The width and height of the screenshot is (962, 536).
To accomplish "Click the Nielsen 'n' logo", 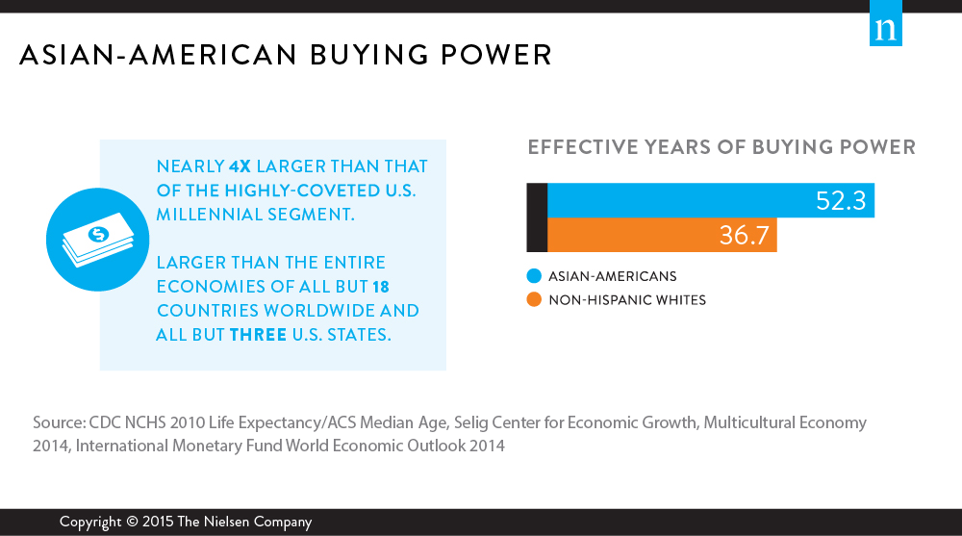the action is [885, 23].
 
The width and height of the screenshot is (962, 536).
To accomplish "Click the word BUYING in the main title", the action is [368, 55].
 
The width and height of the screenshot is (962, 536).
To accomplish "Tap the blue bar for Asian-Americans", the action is [711, 200].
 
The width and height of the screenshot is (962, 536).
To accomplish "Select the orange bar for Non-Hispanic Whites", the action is [662, 235].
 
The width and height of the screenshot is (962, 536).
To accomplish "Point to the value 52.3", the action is [841, 201].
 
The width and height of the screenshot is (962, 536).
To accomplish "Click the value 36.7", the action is [744, 235].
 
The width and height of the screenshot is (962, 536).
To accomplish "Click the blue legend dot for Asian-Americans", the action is [534, 276].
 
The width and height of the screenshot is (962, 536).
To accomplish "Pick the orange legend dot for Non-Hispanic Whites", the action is [534, 299].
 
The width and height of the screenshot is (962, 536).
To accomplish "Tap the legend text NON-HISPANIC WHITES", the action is [627, 300].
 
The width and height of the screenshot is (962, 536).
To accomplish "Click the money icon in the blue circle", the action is [97, 239].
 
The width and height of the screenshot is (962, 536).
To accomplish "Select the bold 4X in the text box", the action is [240, 166].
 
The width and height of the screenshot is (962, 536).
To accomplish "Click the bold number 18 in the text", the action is [380, 287].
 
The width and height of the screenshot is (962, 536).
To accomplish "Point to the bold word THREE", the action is [258, 335].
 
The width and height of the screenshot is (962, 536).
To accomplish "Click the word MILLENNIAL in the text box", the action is [206, 215].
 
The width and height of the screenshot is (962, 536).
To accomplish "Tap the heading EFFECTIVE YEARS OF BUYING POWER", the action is [721, 147].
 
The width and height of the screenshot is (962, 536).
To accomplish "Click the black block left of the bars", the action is [537, 217].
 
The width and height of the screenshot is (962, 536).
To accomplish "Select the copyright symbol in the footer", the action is [132, 522].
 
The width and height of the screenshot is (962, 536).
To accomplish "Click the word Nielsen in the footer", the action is [226, 522].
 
